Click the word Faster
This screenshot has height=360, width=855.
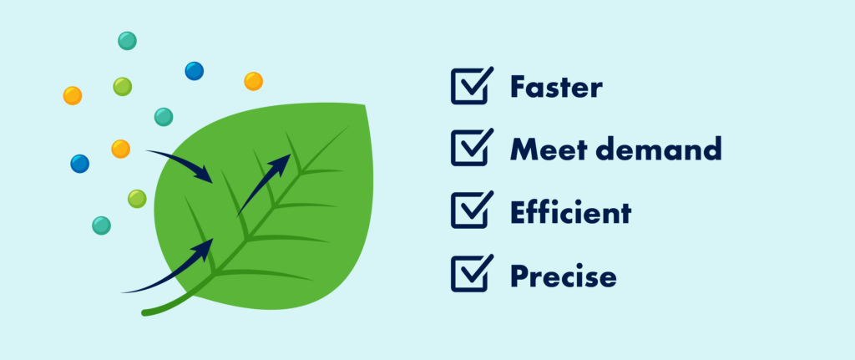coord(556,87)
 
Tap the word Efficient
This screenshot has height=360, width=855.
coord(570,211)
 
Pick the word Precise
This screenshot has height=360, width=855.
coord(564,275)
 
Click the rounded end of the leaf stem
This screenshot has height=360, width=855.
coord(145,312)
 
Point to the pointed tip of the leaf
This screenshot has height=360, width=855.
coord(364,104)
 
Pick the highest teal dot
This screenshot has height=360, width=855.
coord(127,41)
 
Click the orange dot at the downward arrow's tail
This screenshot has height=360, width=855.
coord(120,149)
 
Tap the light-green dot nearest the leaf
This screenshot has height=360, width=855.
coord(137,199)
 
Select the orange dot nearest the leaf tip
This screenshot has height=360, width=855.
coord(254,81)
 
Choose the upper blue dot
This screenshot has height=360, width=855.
coord(194,71)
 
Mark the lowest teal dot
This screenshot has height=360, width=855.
coord(101,226)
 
